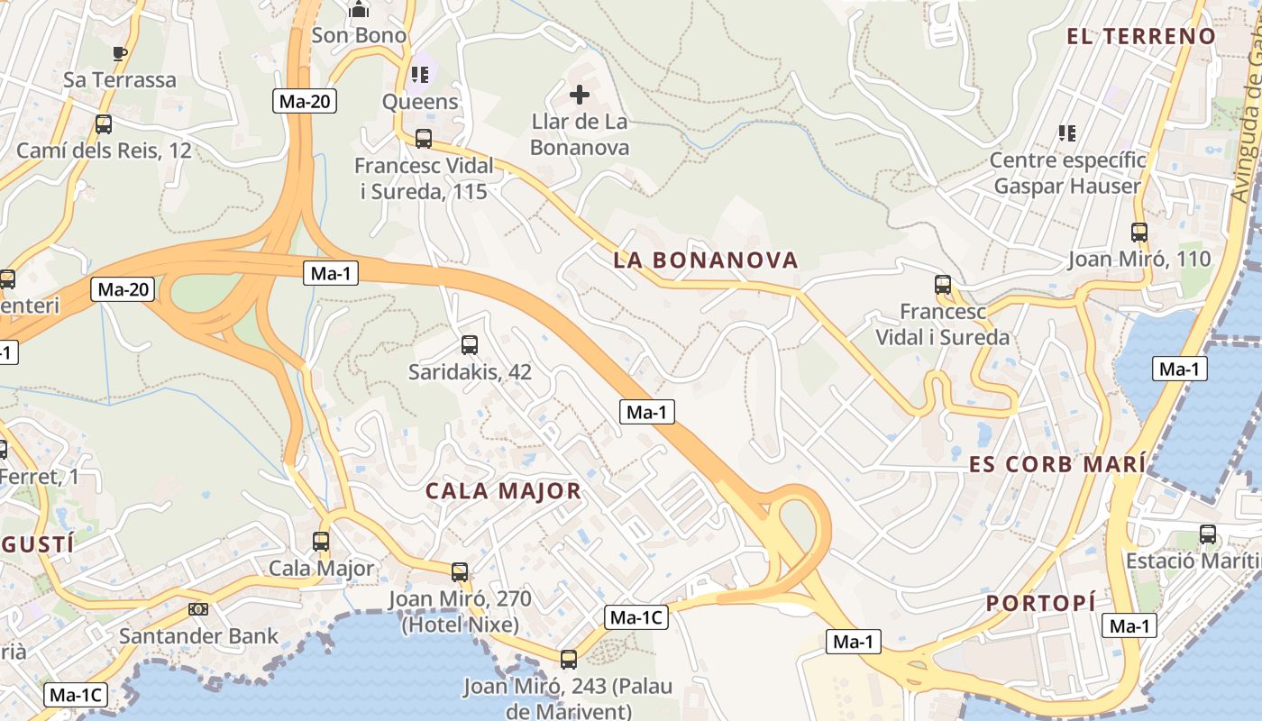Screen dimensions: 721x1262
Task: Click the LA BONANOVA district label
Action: (x=706, y=260)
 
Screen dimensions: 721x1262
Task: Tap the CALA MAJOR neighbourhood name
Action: (x=503, y=491)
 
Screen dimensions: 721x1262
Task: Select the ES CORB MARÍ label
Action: (x=1057, y=464)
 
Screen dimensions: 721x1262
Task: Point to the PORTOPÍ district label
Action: (x=1041, y=603)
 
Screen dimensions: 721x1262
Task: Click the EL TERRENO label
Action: (x=1141, y=36)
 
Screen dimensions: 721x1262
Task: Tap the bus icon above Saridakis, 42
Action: (x=469, y=344)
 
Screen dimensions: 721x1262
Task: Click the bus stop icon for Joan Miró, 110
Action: (x=1139, y=233)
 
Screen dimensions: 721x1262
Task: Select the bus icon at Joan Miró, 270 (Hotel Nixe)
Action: (x=460, y=571)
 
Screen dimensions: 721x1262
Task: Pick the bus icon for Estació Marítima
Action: (x=1208, y=534)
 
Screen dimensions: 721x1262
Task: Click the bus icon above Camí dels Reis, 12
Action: (x=104, y=124)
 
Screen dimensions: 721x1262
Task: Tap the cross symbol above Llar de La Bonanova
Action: (x=580, y=94)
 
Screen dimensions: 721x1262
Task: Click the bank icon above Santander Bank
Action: (x=198, y=609)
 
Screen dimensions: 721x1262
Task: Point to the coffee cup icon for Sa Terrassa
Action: (x=120, y=53)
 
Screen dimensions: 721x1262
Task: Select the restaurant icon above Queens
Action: (x=420, y=74)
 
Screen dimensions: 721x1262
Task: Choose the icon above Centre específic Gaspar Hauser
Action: (x=1067, y=133)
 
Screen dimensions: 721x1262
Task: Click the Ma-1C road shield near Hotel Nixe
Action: (x=636, y=617)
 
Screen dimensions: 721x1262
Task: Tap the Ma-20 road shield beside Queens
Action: (x=306, y=101)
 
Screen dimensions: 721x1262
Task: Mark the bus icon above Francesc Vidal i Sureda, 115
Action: (x=424, y=139)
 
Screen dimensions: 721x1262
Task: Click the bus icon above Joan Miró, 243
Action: (x=568, y=659)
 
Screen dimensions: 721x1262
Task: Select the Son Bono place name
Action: (x=359, y=35)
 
